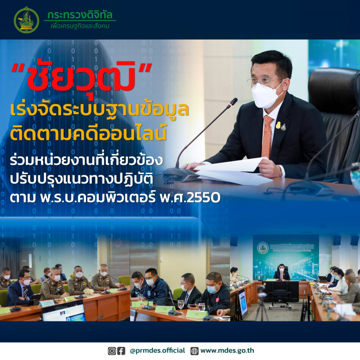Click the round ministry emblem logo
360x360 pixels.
[27, 20]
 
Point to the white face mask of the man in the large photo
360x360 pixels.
[266, 93]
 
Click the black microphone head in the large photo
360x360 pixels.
[233, 103]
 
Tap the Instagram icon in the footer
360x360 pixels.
[112, 351]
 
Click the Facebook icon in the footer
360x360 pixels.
[121, 351]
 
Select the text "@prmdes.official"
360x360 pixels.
[157, 351]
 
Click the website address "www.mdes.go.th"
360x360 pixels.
[229, 351]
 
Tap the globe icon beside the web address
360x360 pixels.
[194, 351]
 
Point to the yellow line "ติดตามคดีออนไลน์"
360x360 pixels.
[90, 132]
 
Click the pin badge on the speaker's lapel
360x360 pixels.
[283, 126]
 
